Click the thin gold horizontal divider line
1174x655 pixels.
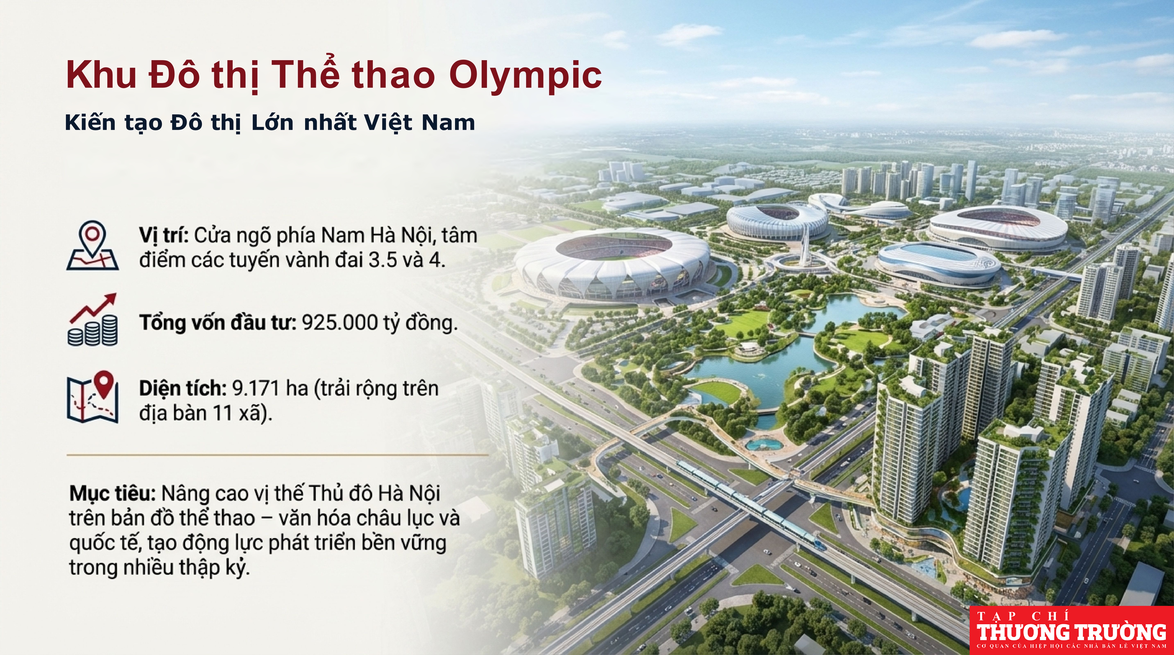pos(277,455)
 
